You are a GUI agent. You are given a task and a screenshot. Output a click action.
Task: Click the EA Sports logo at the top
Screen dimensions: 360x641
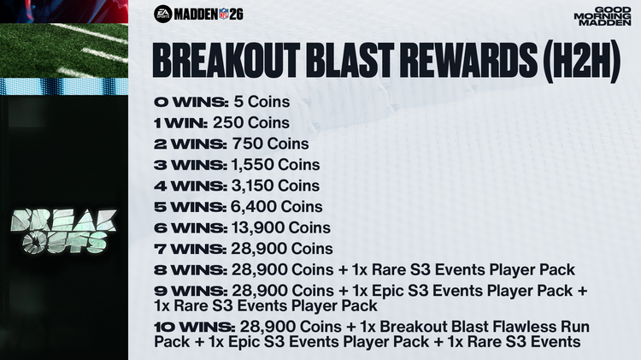162,13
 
